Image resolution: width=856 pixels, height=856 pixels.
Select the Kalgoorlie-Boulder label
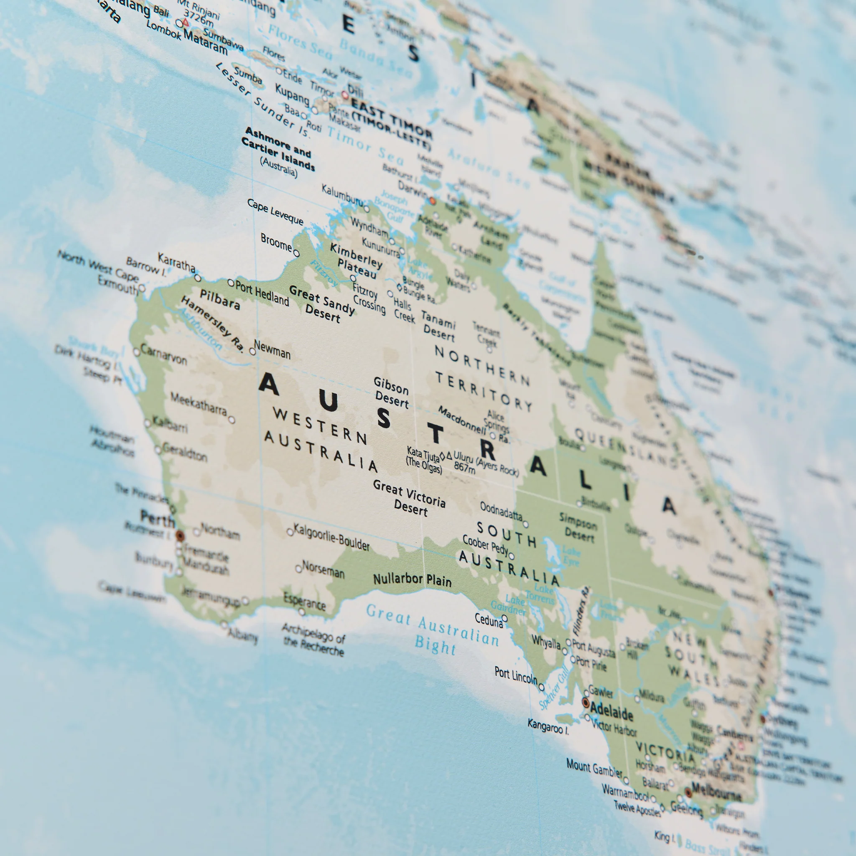[x=331, y=537]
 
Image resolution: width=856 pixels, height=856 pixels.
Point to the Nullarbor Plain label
[x=412, y=580]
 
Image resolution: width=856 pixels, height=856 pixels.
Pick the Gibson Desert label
[x=391, y=392]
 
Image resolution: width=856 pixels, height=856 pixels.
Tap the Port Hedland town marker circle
[x=231, y=283]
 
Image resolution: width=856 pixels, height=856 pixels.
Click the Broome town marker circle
[x=296, y=253]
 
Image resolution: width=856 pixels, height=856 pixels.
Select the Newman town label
[x=272, y=349]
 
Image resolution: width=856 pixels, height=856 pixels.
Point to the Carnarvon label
[x=163, y=355]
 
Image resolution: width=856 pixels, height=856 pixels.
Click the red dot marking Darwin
[x=433, y=201]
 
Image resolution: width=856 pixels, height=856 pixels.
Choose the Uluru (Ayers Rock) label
[x=485, y=464]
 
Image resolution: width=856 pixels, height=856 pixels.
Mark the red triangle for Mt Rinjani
[x=185, y=21]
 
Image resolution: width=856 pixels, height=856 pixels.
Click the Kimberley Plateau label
[x=356, y=261]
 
